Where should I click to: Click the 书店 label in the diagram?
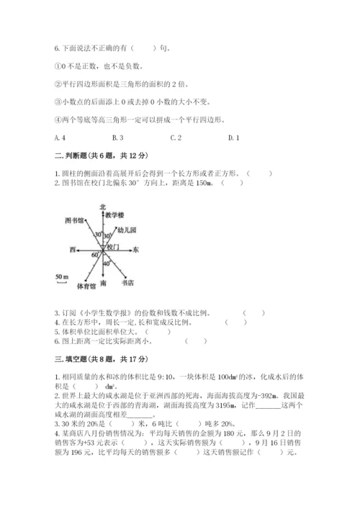coord(127,283)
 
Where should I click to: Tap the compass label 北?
coord(104,206)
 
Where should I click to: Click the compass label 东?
coord(136,249)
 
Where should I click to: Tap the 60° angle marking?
coord(94,254)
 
